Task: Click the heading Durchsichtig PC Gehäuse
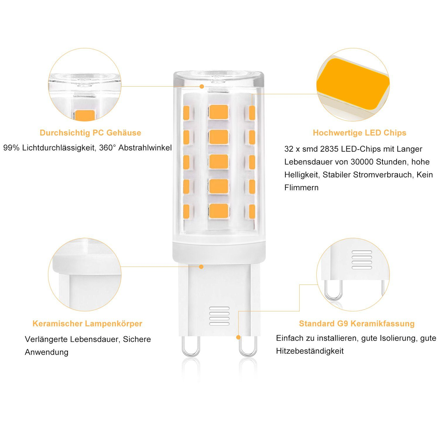point(90,133)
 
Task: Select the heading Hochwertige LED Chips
point(359,133)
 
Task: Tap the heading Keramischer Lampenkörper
point(87,324)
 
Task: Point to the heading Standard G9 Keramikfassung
point(356,324)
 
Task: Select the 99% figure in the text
point(11,148)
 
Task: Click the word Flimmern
point(301,188)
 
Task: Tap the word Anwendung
point(47,352)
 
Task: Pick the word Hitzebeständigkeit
point(310,351)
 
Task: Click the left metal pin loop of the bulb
point(191,348)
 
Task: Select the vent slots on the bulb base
point(219,316)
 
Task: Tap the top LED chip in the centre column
point(219,112)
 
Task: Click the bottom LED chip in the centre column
point(219,210)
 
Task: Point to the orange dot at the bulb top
point(202,86)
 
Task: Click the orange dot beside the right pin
point(238,337)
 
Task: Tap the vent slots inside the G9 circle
point(362,260)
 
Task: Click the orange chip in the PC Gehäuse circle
point(85,115)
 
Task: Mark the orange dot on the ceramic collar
point(201,267)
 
